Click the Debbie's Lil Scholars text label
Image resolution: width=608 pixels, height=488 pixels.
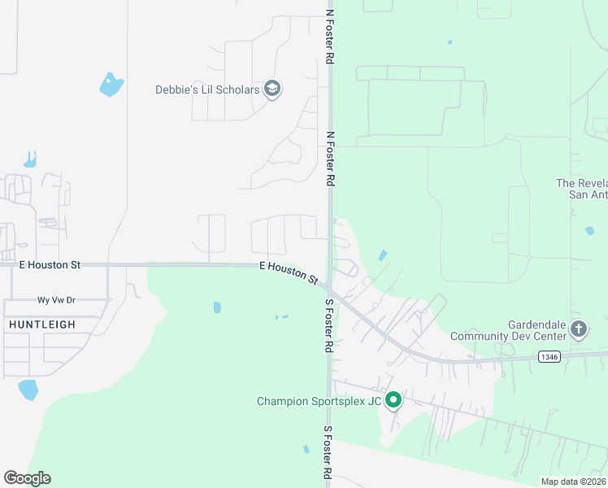[x=207, y=89]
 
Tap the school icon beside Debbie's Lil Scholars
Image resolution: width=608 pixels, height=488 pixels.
[x=272, y=89]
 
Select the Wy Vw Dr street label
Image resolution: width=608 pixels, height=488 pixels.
[x=56, y=300]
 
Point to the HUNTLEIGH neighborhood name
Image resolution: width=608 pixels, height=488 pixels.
[x=42, y=325]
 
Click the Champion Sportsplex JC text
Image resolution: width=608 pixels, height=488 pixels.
[x=319, y=401]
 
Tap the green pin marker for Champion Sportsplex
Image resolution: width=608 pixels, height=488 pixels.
[x=393, y=400]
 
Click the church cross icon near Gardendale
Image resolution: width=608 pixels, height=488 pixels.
[x=579, y=329]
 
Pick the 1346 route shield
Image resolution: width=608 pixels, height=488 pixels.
[x=549, y=356]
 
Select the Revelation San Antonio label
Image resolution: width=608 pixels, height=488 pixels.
[x=581, y=190]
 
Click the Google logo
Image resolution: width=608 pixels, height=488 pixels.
[x=27, y=478]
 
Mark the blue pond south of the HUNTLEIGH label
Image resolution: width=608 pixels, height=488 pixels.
[x=28, y=390]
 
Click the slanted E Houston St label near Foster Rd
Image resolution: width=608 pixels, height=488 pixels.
[x=289, y=272]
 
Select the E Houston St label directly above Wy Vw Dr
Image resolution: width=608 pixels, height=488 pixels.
[x=50, y=265]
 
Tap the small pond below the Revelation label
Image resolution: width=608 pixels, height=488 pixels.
[x=588, y=231]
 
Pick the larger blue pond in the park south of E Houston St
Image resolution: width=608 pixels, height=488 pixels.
[x=217, y=307]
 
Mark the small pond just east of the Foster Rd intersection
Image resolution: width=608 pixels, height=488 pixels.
[x=383, y=255]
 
